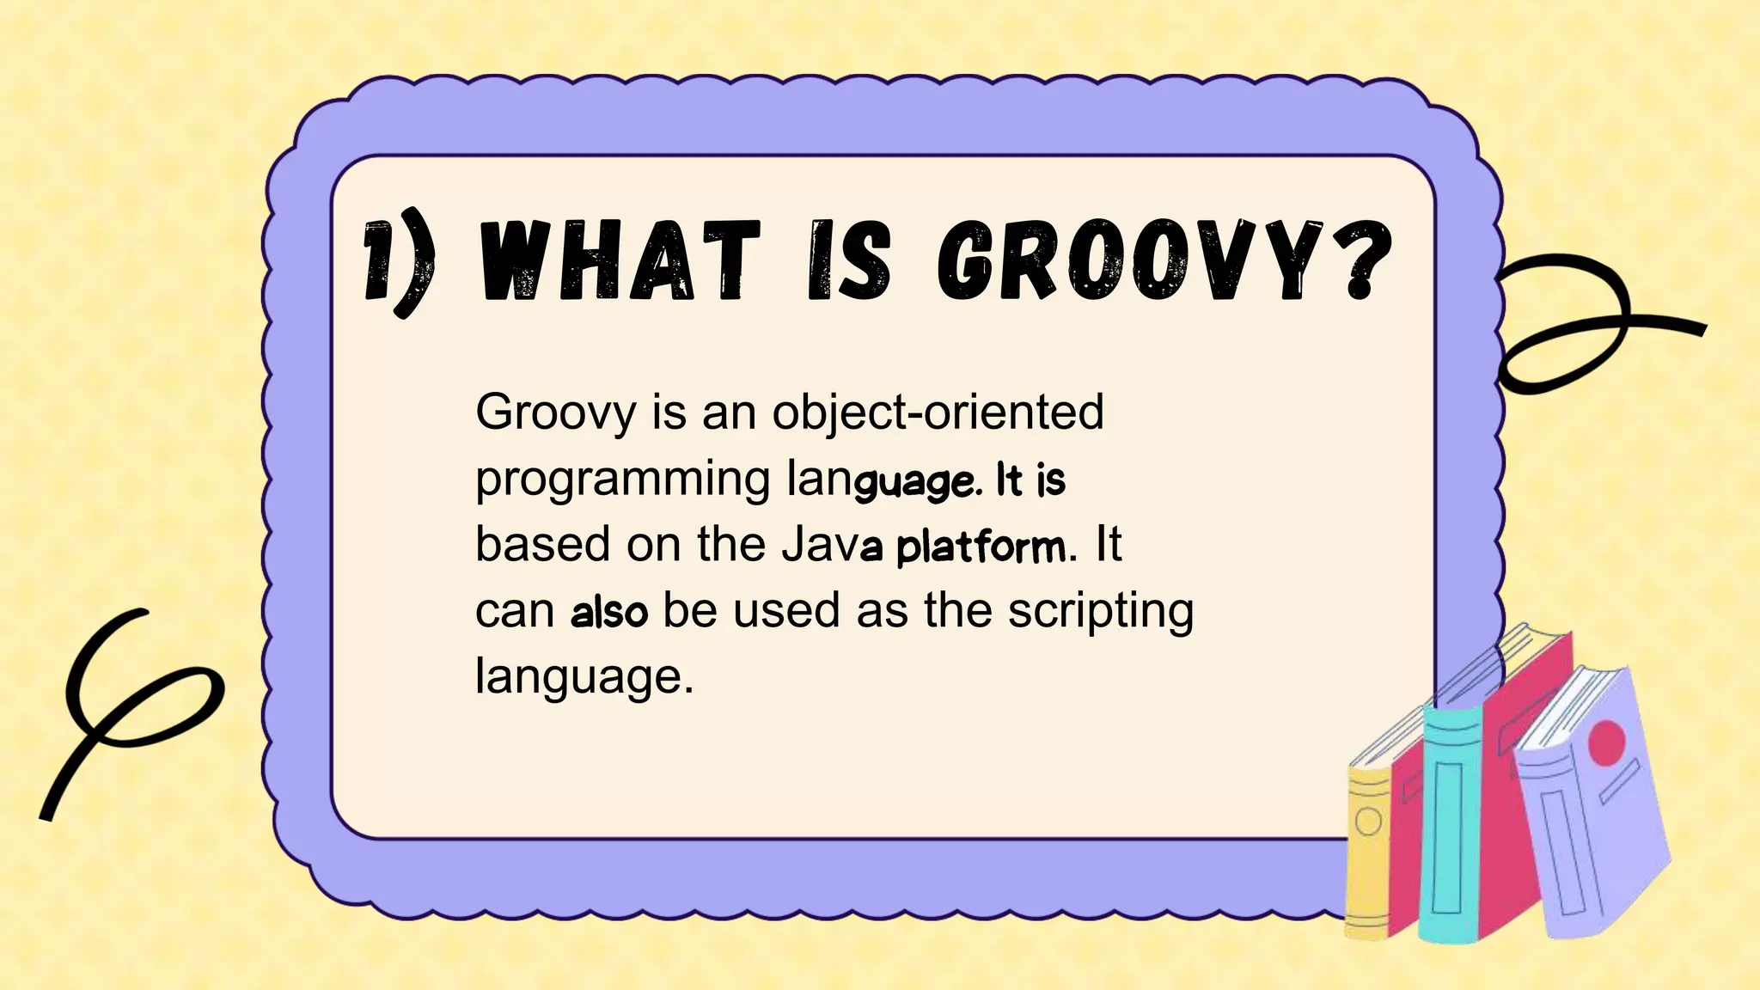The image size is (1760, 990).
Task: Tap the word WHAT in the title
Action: [x=619, y=260]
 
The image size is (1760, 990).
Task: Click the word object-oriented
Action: [x=938, y=412]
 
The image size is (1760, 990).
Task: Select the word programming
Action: [x=622, y=480]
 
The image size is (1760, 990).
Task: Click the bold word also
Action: [x=609, y=613]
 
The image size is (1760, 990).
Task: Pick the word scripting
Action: [x=1100, y=613]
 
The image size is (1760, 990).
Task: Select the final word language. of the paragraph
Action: [x=584, y=677]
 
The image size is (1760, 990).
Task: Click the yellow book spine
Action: [x=1367, y=851]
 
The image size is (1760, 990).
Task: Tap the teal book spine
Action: [x=1449, y=825]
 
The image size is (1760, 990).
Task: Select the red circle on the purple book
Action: [x=1607, y=742]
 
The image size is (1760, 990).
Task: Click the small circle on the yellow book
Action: [x=1368, y=822]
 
